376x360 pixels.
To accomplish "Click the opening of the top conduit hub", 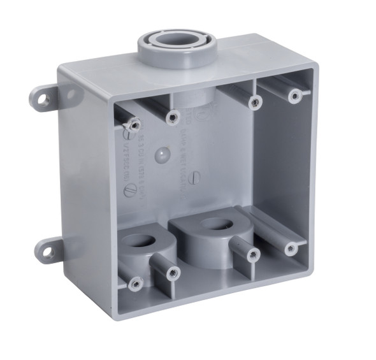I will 177,40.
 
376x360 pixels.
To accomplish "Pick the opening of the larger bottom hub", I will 217,224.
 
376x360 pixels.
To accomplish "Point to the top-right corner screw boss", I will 294,96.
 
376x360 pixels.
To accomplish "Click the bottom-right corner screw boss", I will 291,248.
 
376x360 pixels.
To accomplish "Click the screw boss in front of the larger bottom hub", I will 252,256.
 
